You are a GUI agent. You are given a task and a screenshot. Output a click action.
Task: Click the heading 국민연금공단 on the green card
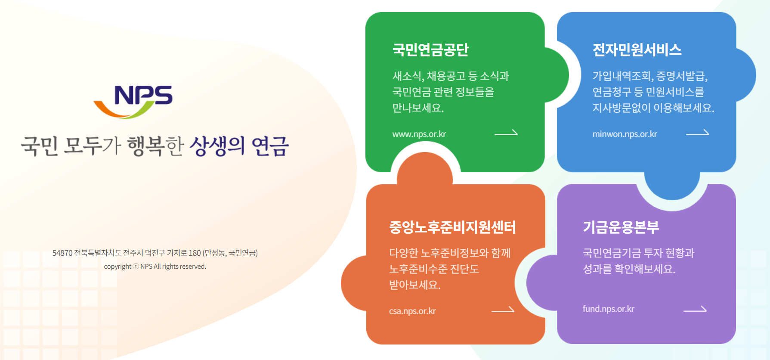point(430,50)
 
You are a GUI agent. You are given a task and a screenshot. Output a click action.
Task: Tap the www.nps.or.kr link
point(419,134)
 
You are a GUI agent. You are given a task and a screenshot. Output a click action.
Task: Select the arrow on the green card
point(506,133)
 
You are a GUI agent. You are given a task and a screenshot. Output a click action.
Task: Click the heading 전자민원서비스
point(637,50)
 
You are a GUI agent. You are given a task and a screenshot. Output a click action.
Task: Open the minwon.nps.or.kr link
point(625,134)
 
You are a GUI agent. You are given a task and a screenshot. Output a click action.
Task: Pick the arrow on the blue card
point(697,133)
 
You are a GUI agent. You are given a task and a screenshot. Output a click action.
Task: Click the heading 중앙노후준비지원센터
point(452,227)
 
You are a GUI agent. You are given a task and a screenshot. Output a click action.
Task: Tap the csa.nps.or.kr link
point(412,311)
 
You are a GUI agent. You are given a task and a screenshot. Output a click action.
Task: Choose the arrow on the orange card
point(503,310)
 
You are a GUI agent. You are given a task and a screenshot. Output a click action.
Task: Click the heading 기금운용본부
point(621,227)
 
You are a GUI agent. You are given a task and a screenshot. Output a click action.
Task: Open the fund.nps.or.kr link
point(608,309)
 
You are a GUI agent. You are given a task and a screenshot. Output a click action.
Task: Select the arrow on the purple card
point(695,309)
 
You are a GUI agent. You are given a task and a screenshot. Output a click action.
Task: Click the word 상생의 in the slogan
point(217,146)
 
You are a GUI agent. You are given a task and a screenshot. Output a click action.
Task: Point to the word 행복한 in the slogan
point(155,146)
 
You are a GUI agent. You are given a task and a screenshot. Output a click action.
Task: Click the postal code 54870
point(62,253)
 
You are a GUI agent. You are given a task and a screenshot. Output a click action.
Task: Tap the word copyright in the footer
point(118,267)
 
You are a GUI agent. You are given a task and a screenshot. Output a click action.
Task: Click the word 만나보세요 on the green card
point(417,108)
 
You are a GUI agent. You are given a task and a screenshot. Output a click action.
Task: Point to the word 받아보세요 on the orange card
point(414,285)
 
